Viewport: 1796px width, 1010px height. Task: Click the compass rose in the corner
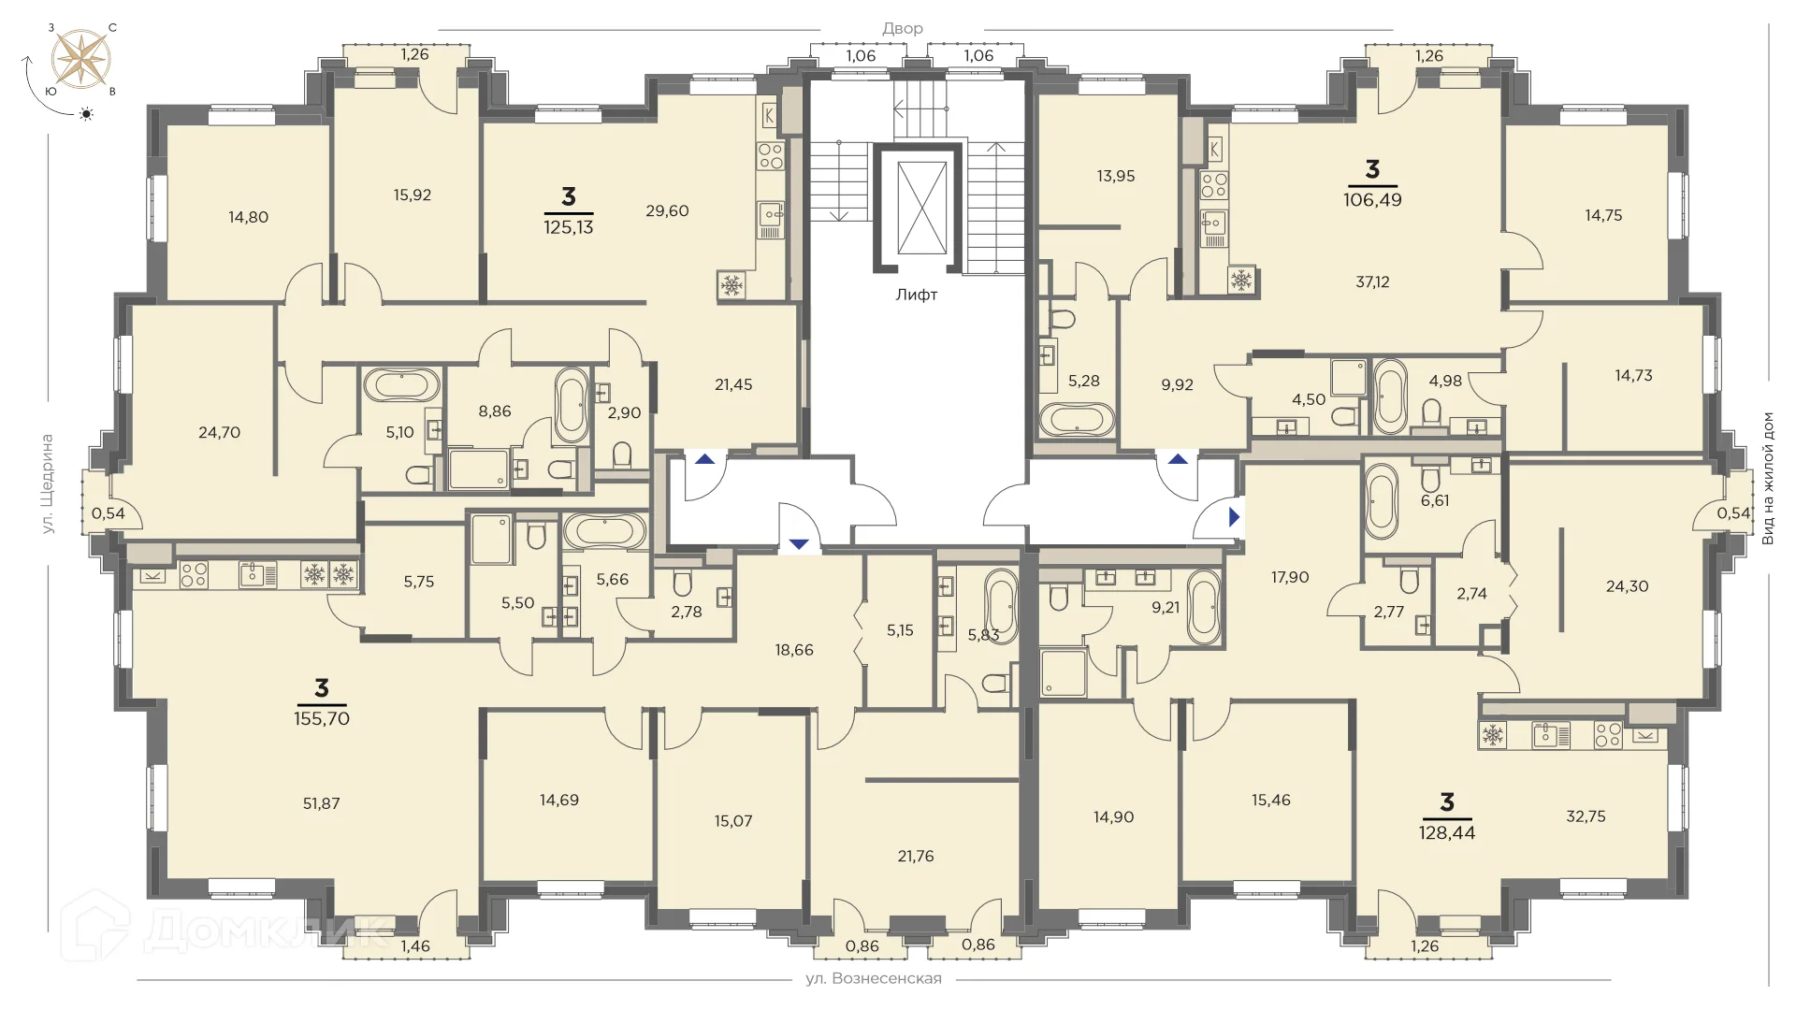(81, 59)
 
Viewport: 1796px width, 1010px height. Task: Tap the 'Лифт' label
(917, 295)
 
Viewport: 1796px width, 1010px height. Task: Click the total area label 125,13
(569, 226)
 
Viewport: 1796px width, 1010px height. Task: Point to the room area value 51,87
(322, 803)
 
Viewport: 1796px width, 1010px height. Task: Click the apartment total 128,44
(1447, 832)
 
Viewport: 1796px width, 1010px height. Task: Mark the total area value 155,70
(322, 718)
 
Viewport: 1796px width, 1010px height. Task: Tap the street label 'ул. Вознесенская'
(874, 979)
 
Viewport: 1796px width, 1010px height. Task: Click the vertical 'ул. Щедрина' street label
(48, 483)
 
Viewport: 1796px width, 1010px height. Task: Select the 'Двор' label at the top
(903, 29)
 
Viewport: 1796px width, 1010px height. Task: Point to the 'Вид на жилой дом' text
(1768, 478)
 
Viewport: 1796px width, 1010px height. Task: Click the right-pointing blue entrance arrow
(1235, 516)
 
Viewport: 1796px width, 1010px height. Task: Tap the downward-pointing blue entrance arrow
(799, 544)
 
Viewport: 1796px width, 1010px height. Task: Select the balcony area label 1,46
(414, 946)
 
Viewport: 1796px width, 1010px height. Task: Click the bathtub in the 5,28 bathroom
(1077, 419)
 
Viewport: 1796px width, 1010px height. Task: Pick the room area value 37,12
(1372, 281)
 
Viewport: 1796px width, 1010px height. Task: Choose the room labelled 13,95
(1116, 176)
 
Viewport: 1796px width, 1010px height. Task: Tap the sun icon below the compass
(87, 114)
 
